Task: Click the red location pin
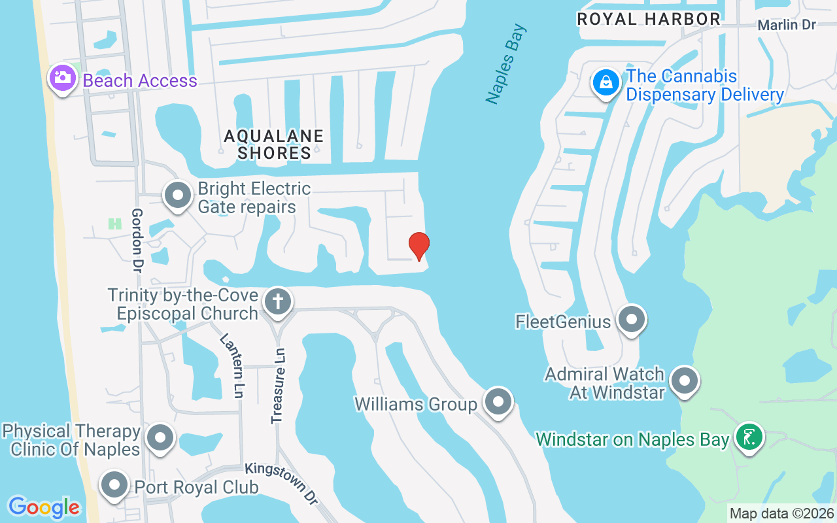point(418,246)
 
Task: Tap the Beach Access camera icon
point(62,78)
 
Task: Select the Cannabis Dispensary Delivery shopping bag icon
point(607,82)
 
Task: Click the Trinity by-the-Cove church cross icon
point(278,302)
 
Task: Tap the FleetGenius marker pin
point(631,320)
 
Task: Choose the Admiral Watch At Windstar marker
point(685,380)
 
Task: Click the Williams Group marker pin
point(498,401)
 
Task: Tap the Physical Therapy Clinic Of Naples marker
point(160,437)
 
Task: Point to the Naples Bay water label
point(505,63)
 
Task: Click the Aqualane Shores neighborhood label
point(273,144)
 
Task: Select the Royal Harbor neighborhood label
point(649,19)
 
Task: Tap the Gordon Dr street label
point(137,240)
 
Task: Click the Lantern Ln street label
point(231,365)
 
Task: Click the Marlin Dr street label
point(787,25)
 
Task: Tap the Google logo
point(44,507)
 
